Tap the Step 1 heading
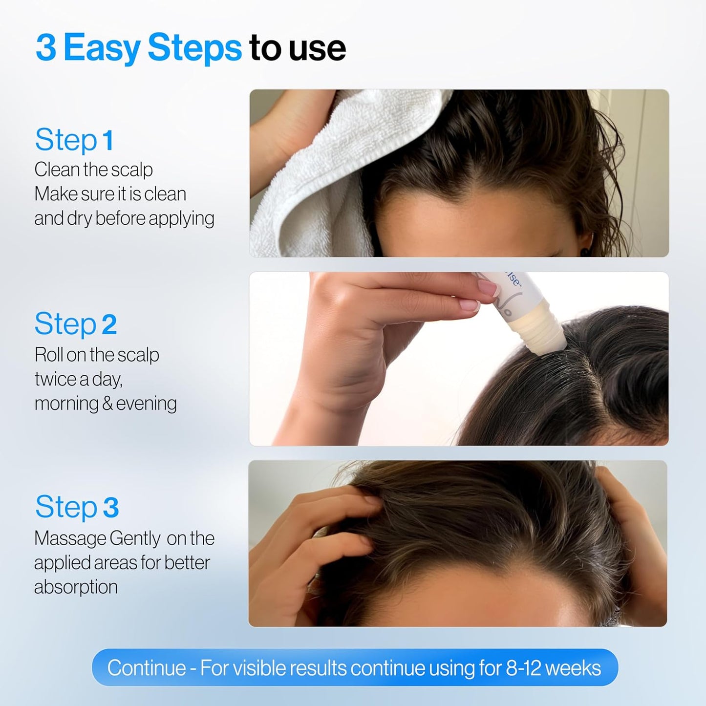click(74, 140)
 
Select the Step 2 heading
click(76, 324)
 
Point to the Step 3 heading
click(77, 507)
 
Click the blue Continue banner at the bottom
click(355, 667)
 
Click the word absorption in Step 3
click(76, 587)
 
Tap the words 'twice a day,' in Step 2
click(78, 379)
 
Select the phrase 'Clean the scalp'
click(93, 170)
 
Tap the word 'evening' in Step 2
click(146, 404)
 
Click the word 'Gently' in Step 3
click(134, 538)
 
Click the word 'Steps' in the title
click(194, 48)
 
